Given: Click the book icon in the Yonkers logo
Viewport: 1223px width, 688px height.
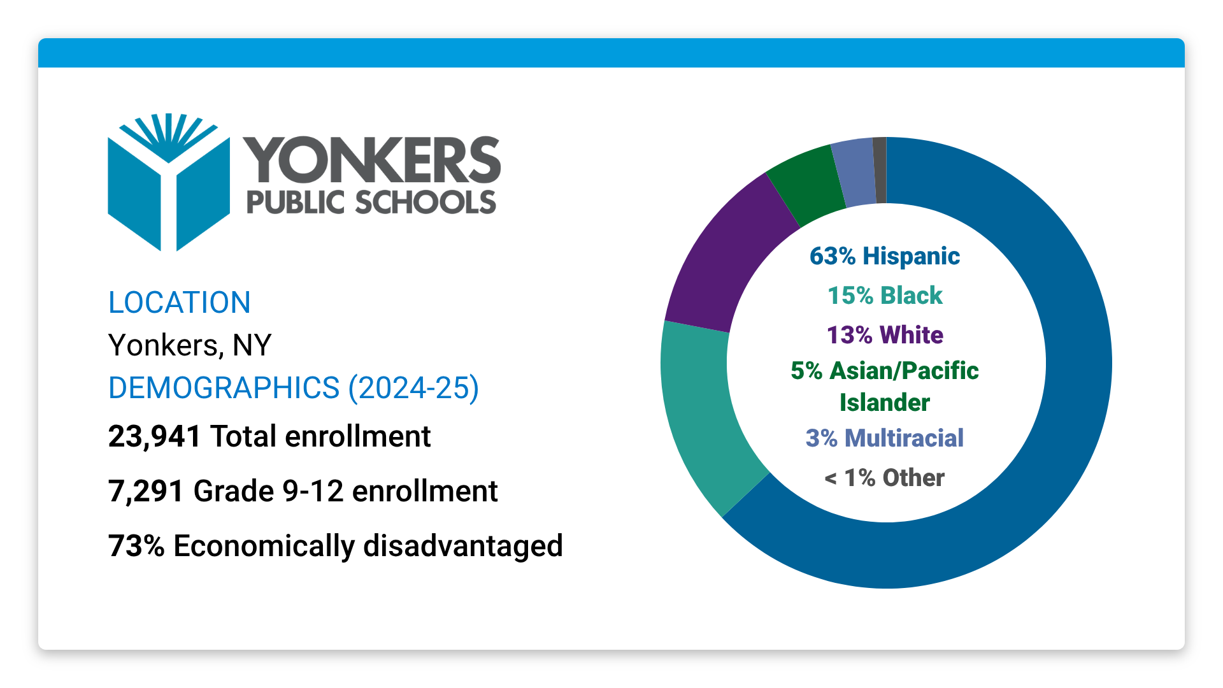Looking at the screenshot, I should pyautogui.click(x=168, y=185).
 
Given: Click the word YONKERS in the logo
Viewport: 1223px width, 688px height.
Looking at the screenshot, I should pyautogui.click(x=372, y=160).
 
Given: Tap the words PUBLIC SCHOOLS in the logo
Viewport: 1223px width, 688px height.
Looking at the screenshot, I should pyautogui.click(x=371, y=203).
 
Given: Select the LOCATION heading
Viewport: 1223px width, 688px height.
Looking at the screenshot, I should pyautogui.click(x=179, y=303).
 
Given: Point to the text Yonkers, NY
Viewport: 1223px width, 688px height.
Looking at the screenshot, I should pyautogui.click(x=190, y=345).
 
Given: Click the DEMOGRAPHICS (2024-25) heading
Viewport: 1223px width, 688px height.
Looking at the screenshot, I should pyautogui.click(x=293, y=388).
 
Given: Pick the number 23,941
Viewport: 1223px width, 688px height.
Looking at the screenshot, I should pyautogui.click(x=155, y=437).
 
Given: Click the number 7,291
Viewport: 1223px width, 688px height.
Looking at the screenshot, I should pyautogui.click(x=147, y=492).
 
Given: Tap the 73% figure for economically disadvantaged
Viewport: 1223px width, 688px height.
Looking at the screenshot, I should pyautogui.click(x=136, y=547).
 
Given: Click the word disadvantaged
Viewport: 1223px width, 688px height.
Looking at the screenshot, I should pyautogui.click(x=463, y=547).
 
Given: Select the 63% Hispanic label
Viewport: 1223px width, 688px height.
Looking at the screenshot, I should pyautogui.click(x=884, y=256).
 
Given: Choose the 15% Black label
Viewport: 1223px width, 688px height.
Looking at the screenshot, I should pyautogui.click(x=884, y=296).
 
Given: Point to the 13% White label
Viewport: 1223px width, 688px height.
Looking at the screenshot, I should pyautogui.click(x=884, y=335).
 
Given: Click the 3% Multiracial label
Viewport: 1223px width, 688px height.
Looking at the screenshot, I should pyautogui.click(x=884, y=438).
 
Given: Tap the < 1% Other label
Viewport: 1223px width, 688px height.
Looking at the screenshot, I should pyautogui.click(x=884, y=478).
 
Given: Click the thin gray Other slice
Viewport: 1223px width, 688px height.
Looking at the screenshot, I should pyautogui.click(x=880, y=170).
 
